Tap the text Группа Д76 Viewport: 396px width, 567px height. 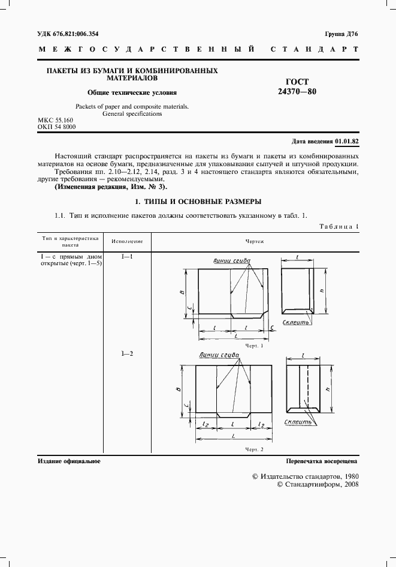[341, 35]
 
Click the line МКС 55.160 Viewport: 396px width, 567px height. [56, 121]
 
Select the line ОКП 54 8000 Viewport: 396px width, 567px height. [56, 127]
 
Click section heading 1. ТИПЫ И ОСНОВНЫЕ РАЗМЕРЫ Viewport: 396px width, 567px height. [198, 201]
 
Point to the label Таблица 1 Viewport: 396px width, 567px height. [338, 226]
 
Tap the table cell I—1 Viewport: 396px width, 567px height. [127, 257]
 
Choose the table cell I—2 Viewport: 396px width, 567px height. [127, 353]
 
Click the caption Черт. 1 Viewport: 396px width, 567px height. [254, 346]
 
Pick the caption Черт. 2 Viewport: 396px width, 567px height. [254, 449]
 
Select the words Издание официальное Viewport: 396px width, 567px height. [69, 461]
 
